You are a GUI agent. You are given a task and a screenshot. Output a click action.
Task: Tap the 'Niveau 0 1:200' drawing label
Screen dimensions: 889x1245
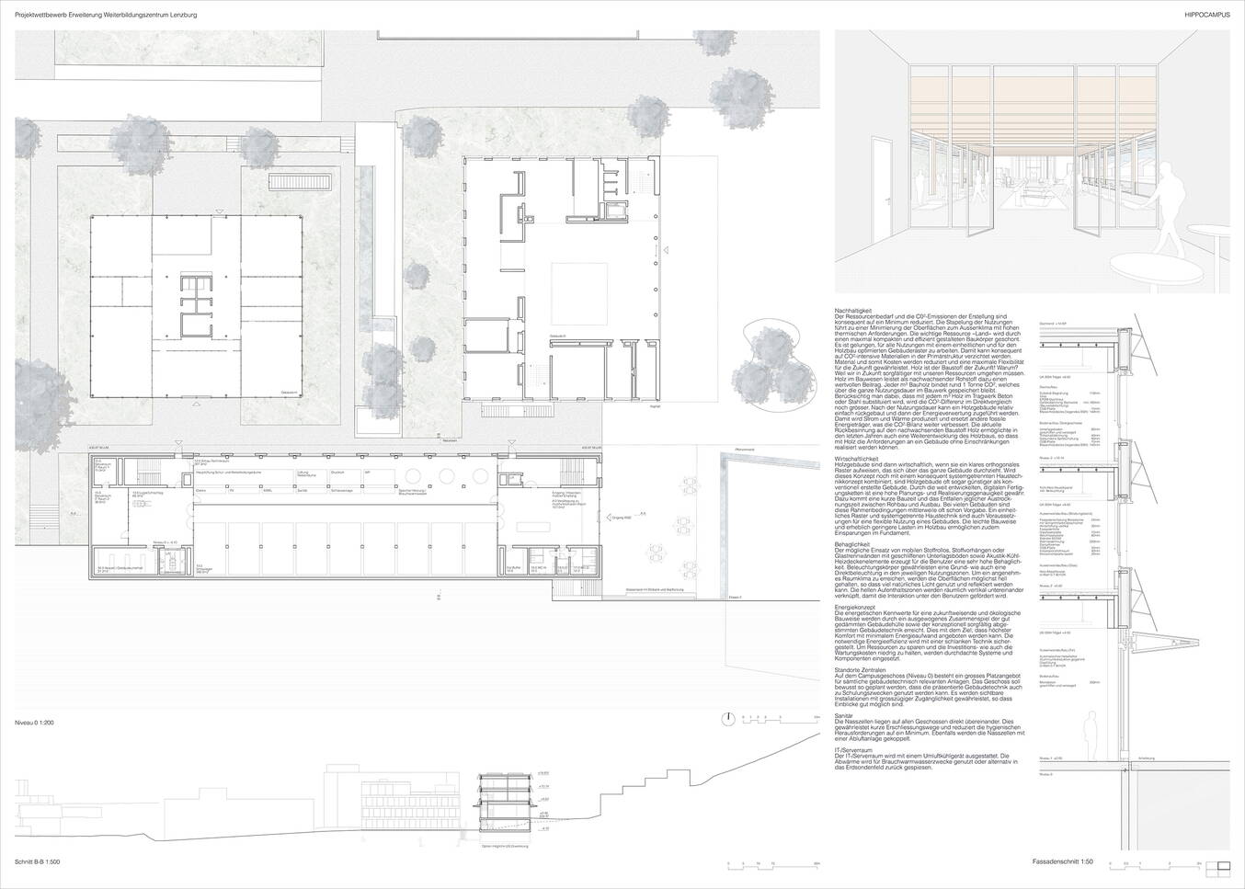pos(35,724)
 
